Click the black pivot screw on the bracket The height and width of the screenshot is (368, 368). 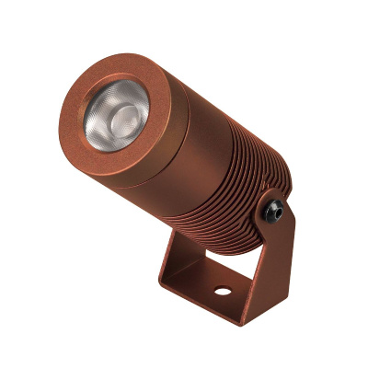point(273,209)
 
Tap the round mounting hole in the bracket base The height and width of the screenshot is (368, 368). point(221,295)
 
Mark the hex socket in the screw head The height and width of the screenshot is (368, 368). point(273,209)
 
